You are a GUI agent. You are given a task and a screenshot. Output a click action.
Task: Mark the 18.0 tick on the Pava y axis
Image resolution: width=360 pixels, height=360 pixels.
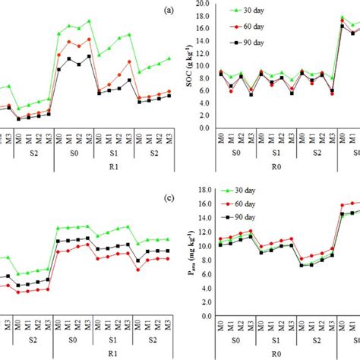tap(202, 190)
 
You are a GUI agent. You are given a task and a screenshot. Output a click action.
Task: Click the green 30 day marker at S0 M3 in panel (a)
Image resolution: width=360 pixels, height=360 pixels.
tap(89, 21)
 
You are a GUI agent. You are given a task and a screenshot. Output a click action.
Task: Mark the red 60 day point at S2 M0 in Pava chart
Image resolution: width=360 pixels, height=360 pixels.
tap(302, 260)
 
